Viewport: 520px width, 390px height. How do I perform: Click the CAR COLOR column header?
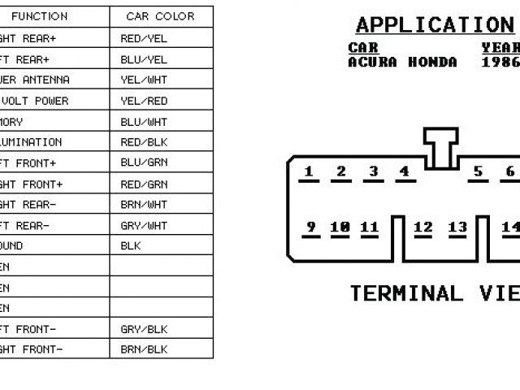point(160,16)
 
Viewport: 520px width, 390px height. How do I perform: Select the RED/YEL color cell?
point(144,38)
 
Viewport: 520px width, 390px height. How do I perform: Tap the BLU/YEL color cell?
point(144,59)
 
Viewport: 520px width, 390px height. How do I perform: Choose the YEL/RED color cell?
point(144,101)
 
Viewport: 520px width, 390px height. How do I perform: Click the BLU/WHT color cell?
point(144,122)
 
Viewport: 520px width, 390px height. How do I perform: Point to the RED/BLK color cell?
point(144,142)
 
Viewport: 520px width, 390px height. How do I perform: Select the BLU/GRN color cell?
point(144,162)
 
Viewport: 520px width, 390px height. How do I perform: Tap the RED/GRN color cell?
point(144,184)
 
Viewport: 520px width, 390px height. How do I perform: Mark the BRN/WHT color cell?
point(144,204)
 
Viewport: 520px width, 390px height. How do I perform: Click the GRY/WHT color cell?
point(144,225)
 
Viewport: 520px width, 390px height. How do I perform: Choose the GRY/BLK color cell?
point(144,329)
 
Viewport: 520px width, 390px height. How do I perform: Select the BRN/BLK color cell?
point(144,349)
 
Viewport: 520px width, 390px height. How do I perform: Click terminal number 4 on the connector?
point(404,171)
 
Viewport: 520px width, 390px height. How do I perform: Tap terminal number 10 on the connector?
point(340,227)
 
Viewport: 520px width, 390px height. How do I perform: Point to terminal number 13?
point(457,227)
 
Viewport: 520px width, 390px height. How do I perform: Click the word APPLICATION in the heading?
point(435,25)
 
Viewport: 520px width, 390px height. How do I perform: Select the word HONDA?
point(433,62)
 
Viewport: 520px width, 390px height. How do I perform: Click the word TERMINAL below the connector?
point(405,293)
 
